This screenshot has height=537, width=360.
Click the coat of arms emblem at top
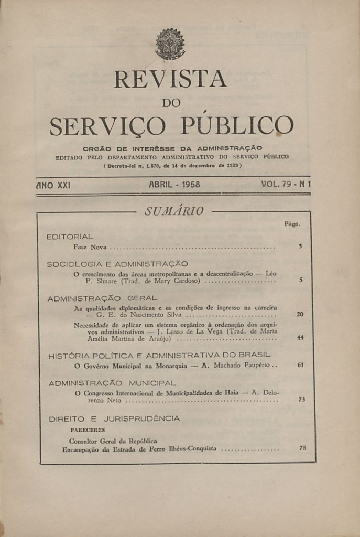[x=170, y=44]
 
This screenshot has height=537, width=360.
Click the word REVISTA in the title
[x=170, y=79]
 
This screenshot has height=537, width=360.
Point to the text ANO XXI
[x=53, y=185]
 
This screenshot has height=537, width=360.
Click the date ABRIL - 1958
[x=174, y=185]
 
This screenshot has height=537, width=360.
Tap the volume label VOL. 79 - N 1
[x=286, y=185]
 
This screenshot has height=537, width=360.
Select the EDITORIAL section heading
[x=70, y=237]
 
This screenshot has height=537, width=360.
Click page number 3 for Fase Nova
[x=300, y=246]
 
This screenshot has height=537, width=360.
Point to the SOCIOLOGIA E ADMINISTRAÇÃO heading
[x=117, y=264]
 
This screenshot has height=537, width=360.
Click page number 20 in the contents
[x=300, y=314]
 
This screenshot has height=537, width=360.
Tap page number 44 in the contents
[x=300, y=338]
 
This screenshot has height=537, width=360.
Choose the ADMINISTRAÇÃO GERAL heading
[x=102, y=298]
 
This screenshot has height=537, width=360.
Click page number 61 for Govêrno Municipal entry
[x=300, y=365]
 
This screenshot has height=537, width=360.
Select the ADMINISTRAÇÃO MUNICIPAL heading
[x=112, y=383]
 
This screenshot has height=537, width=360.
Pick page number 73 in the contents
[x=301, y=400]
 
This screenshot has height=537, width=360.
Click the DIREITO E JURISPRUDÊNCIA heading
[x=114, y=418]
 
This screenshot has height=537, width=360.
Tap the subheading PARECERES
[x=88, y=430]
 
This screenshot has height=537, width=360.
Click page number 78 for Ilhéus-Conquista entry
[x=302, y=448]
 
